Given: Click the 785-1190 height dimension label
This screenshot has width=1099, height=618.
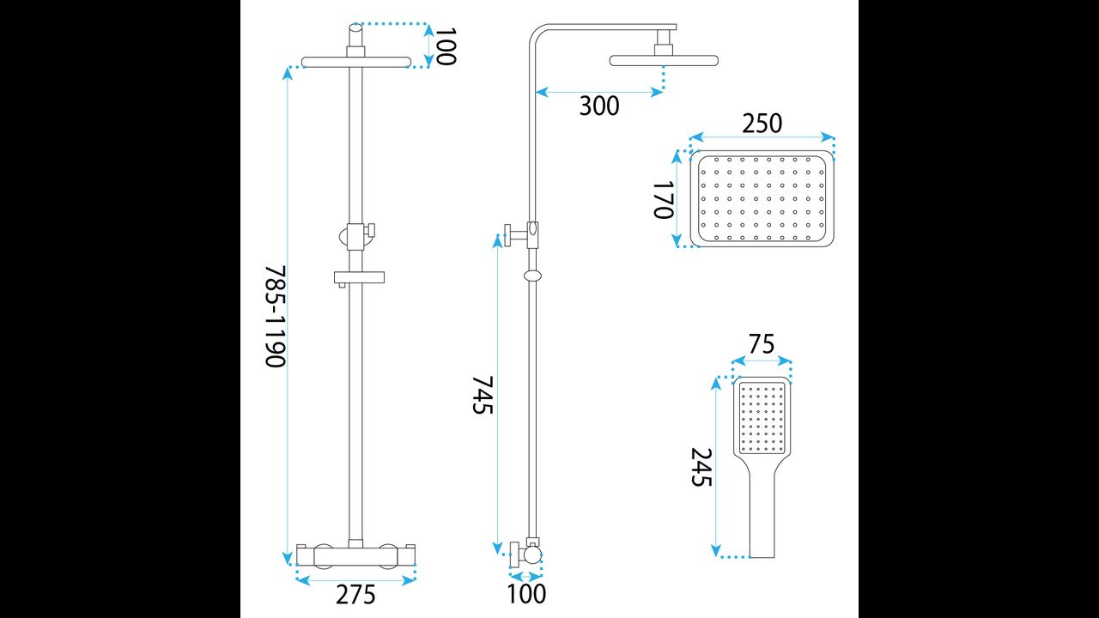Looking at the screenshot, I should [274, 316].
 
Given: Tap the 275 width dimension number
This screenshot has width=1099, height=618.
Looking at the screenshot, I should [356, 594].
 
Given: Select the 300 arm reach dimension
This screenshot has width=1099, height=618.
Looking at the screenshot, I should [598, 106].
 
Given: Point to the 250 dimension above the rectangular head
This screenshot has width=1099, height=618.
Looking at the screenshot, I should [762, 124].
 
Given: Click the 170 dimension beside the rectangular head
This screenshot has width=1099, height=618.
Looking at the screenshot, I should [664, 199].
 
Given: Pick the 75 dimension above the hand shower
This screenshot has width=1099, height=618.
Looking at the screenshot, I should [761, 345].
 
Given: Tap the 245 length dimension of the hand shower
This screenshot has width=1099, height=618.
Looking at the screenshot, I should [702, 467].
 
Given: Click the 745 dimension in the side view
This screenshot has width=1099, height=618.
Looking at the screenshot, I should [483, 394].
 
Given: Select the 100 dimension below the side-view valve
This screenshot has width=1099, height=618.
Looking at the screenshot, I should [526, 593].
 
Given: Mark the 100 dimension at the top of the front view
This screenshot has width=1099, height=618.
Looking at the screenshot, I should [445, 45].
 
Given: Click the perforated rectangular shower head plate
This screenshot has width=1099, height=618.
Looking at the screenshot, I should [763, 199].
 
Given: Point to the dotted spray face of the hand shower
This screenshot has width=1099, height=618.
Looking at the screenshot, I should [762, 418].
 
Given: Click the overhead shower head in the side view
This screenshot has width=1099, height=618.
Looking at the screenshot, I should [664, 60].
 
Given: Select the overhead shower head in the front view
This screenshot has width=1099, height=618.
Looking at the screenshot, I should [355, 61].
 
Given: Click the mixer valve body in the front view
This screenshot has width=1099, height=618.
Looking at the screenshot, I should [355, 555].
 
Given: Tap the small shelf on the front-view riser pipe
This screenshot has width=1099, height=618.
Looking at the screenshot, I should [361, 278].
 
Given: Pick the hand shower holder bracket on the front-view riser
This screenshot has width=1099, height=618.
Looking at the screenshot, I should [356, 233].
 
